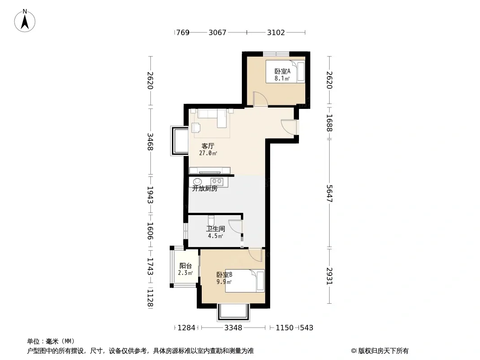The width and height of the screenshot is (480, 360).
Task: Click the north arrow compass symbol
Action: point(25,21)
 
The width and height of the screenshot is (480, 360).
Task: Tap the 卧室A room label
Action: point(282,72)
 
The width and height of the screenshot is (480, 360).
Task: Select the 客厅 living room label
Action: point(208,146)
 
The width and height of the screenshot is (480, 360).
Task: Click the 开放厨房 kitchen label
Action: point(205,189)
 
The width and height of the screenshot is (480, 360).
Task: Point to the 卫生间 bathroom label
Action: point(216,229)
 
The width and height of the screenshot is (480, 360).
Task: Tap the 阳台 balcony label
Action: point(186,266)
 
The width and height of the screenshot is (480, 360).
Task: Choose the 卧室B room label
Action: point(224,274)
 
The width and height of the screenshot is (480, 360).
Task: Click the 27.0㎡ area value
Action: point(208,153)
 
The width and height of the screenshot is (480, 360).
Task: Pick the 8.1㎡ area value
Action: point(282,79)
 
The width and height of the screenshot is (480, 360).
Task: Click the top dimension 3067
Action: point(217,32)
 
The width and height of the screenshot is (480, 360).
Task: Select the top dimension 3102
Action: point(276,32)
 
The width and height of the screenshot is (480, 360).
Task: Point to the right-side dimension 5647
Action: point(330,193)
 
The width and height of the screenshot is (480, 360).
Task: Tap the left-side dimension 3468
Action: point(150,142)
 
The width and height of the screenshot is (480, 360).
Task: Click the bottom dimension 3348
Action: point(233,328)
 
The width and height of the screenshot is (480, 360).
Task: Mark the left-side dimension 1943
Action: point(150,195)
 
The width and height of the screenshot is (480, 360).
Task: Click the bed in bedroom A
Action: point(285,72)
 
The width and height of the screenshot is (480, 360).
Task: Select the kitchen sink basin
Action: point(198,181)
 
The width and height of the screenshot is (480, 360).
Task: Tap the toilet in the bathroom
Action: point(211,220)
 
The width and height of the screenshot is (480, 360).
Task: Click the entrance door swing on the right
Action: point(289,127)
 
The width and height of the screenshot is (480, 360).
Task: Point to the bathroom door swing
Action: point(235,227)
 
